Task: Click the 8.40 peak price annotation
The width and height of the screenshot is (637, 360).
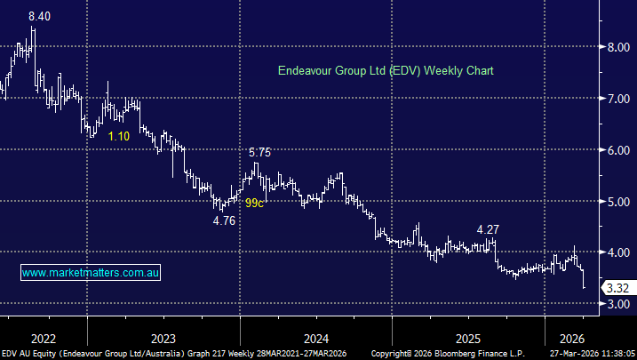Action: tap(39, 16)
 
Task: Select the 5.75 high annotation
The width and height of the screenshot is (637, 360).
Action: tap(259, 152)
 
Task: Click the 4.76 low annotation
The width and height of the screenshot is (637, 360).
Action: tap(224, 220)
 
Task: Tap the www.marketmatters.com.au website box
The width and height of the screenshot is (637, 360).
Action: tap(91, 273)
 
